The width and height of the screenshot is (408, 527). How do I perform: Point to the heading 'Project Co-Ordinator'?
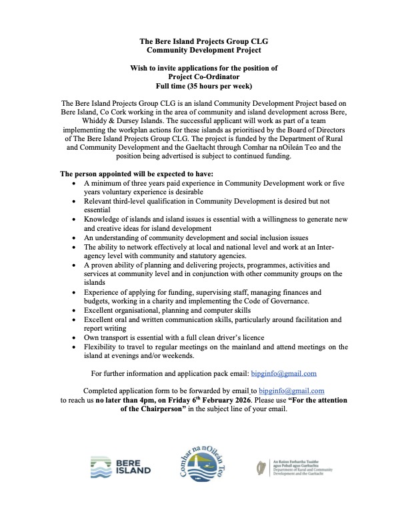point(204,77)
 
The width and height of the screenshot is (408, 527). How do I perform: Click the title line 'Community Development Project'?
point(204,50)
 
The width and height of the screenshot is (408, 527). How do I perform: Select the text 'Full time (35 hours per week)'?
point(204,86)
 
